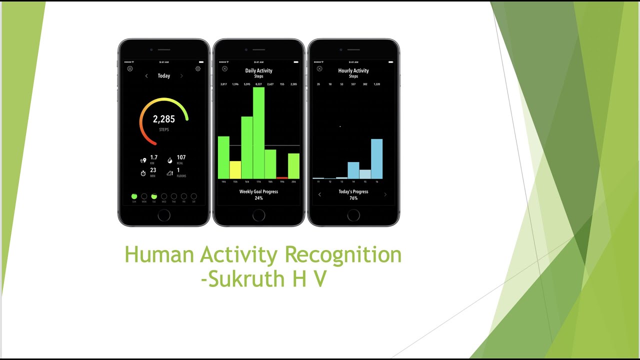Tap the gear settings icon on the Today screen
pyautogui.click(x=198, y=68)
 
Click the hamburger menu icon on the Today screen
pyautogui.click(x=130, y=68)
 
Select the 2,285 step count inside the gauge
pyautogui.click(x=164, y=119)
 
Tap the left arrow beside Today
pyautogui.click(x=146, y=76)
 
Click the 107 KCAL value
pyautogui.click(x=181, y=157)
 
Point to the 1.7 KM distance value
pyautogui.click(x=154, y=157)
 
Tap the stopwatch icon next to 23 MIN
pyautogui.click(x=143, y=173)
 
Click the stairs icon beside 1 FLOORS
pyautogui.click(x=170, y=173)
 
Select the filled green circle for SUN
pyautogui.click(x=134, y=196)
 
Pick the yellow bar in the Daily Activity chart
pyautogui.click(x=235, y=169)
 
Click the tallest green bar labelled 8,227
pyautogui.click(x=258, y=132)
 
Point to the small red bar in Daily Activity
pyautogui.click(x=282, y=177)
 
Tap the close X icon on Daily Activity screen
pyautogui.click(x=224, y=68)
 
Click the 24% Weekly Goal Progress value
pyautogui.click(x=258, y=198)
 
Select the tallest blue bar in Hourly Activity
pyautogui.click(x=376, y=158)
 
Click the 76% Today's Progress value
pyautogui.click(x=353, y=198)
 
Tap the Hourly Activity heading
pyautogui.click(x=353, y=70)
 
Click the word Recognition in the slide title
pyautogui.click(x=343, y=254)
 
